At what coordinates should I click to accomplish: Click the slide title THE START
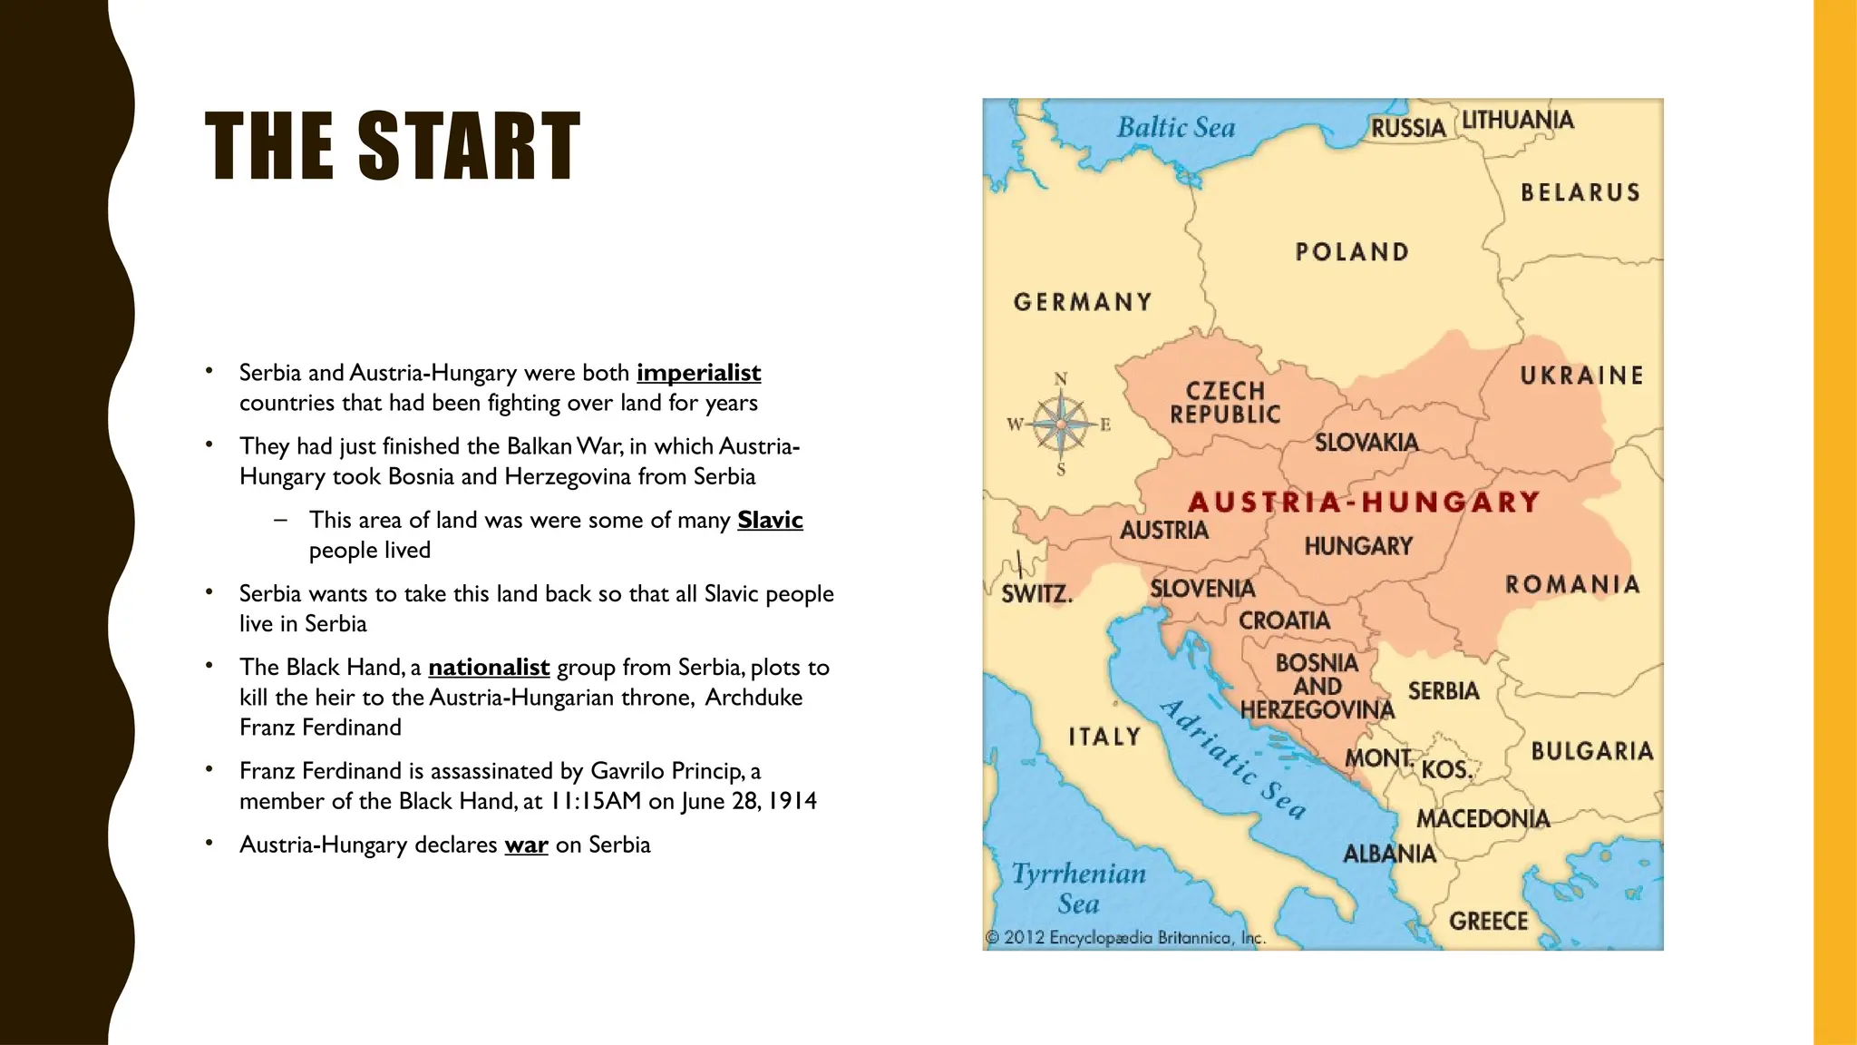coord(392,147)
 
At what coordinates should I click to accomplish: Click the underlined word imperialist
coord(698,373)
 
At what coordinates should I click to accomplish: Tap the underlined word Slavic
coord(770,520)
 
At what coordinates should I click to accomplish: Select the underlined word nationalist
coord(489,667)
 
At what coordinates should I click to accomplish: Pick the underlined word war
coord(526,845)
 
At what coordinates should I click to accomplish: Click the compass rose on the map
coord(1060,424)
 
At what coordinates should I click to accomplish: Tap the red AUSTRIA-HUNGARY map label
coord(1364,502)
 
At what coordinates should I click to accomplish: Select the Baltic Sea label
coord(1176,128)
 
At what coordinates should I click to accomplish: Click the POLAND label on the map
coord(1352,252)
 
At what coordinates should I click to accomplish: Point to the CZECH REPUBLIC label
coord(1225,403)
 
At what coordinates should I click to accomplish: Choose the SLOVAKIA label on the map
coord(1366,443)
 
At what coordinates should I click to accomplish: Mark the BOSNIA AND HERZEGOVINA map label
coord(1317,687)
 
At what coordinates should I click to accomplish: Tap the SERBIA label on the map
coord(1444,691)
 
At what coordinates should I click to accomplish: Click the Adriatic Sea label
coord(1233,759)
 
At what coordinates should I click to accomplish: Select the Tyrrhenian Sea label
coord(1078,888)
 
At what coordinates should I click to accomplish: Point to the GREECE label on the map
coord(1488,922)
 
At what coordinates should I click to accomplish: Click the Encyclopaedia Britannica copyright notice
coord(1124,938)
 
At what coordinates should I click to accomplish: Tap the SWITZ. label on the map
coord(1036,595)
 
